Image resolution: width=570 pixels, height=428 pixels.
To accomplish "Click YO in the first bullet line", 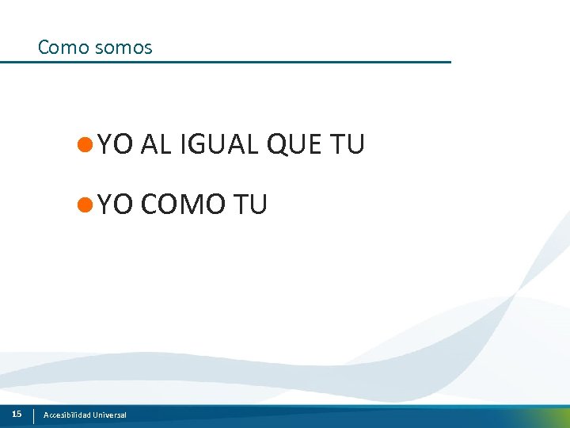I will tap(116, 144).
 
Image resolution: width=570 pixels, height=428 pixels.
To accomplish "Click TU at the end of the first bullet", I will tap(348, 144).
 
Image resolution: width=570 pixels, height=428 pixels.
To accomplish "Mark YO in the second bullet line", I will tap(116, 204).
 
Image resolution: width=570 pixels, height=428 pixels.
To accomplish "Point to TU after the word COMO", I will tap(251, 204).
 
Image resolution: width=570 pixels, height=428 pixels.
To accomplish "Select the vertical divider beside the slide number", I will tap(33, 415).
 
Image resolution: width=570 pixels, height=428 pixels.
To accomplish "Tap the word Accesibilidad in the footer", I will tap(66, 415).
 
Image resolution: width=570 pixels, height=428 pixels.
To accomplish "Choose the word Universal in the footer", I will tap(109, 415).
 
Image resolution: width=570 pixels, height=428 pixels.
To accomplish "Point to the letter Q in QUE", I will tap(279, 144).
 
